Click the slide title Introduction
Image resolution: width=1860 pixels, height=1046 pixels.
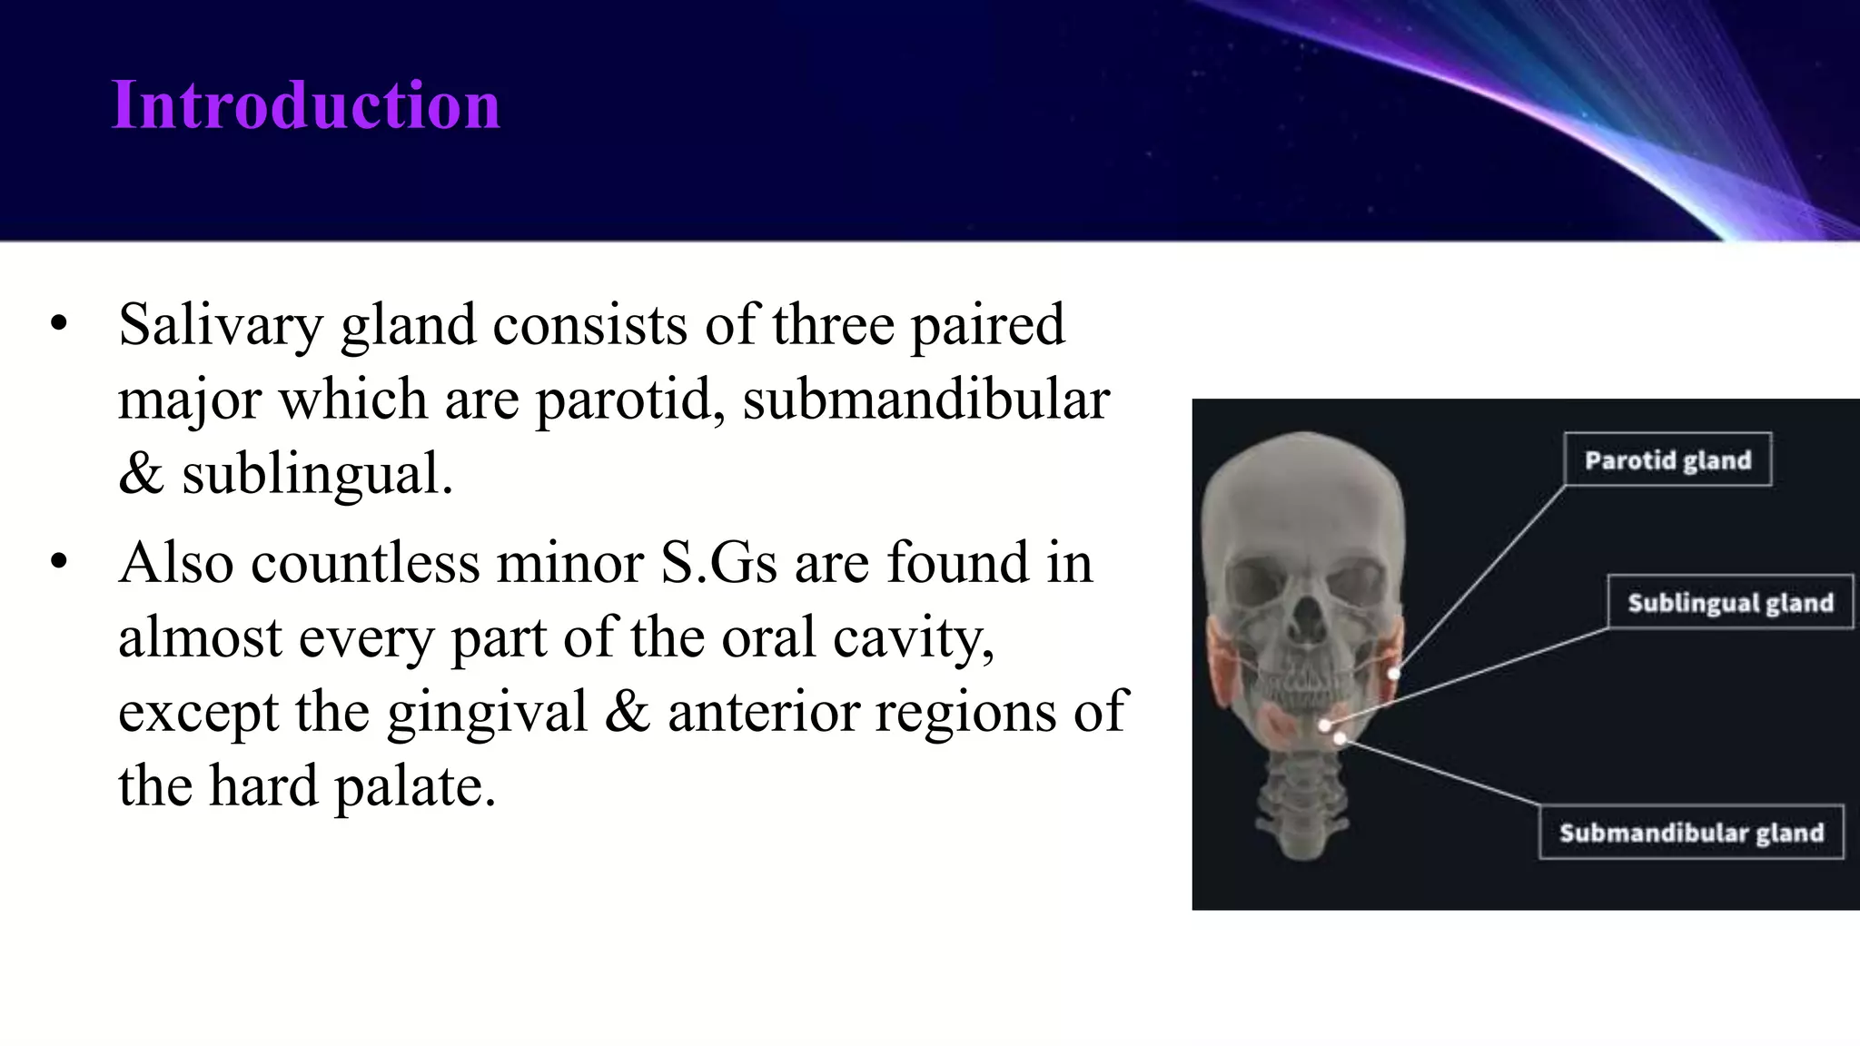tap(305, 105)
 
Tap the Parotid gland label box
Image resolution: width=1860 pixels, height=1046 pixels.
tap(1667, 460)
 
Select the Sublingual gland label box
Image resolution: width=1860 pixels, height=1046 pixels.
tap(1729, 603)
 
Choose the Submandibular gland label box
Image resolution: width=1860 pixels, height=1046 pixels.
tap(1690, 833)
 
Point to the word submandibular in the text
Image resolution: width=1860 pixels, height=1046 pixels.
tap(925, 399)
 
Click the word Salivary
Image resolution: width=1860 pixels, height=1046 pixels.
tap(220, 326)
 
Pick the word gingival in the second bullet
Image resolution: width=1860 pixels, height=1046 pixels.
tap(488, 711)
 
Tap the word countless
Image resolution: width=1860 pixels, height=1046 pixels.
tap(365, 562)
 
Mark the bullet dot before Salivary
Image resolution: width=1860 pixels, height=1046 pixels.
tap(60, 324)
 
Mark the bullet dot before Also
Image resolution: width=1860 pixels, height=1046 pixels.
tap(60, 562)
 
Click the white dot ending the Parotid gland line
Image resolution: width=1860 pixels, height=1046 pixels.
tap(1394, 674)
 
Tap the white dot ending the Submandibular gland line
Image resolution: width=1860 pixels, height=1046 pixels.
tap(1340, 739)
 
